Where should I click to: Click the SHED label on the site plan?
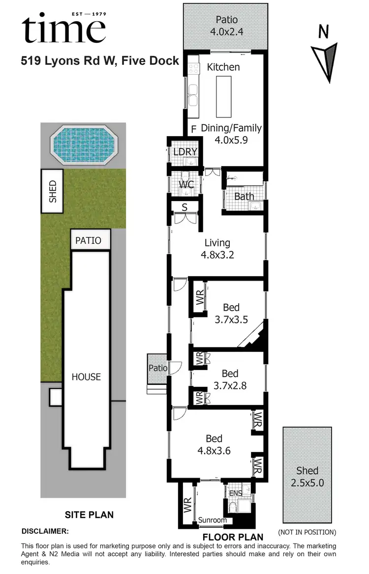[53, 192]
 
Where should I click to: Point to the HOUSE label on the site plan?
[86, 377]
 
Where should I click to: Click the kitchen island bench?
[223, 96]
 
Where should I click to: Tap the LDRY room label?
[185, 152]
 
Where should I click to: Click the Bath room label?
[244, 197]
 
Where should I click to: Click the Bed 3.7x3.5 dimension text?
[231, 319]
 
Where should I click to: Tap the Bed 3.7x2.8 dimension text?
[230, 386]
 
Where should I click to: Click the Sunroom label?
[213, 520]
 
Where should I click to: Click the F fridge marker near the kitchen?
[194, 129]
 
